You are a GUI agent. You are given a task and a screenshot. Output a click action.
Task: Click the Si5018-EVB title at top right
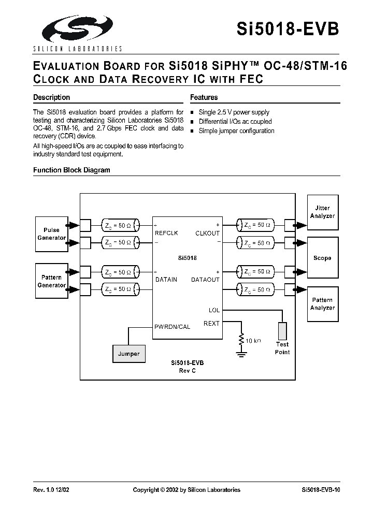coord(288,28)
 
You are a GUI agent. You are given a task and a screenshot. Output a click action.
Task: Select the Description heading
coord(51,97)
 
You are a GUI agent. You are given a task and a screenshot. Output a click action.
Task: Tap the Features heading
coord(204,97)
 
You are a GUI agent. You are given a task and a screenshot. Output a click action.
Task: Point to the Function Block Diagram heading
coord(71,170)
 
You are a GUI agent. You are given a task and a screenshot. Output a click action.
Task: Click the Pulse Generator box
coord(52,234)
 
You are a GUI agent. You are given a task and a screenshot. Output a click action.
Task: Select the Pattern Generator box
coord(52,281)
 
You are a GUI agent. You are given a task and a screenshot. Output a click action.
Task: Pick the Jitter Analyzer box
coord(322,212)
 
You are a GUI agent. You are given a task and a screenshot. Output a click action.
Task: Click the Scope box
coord(322,258)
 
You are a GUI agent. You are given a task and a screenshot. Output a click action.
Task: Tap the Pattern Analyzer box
coord(322,304)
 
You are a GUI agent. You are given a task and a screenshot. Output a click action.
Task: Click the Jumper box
coord(128,354)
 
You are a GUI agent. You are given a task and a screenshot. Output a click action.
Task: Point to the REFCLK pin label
coord(166,233)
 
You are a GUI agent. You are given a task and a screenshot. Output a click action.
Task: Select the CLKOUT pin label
coord(207,233)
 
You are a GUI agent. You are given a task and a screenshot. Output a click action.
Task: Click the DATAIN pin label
coord(166,280)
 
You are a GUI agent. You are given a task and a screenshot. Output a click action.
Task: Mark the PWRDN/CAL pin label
coord(172,327)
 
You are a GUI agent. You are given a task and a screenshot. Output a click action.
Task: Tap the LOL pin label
coord(214,310)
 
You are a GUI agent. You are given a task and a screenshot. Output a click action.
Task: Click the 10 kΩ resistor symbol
coord(241,340)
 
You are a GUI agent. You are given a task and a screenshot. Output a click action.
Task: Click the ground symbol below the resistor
coord(241,354)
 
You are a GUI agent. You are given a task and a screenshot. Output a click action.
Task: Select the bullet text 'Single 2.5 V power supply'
coord(234,112)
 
